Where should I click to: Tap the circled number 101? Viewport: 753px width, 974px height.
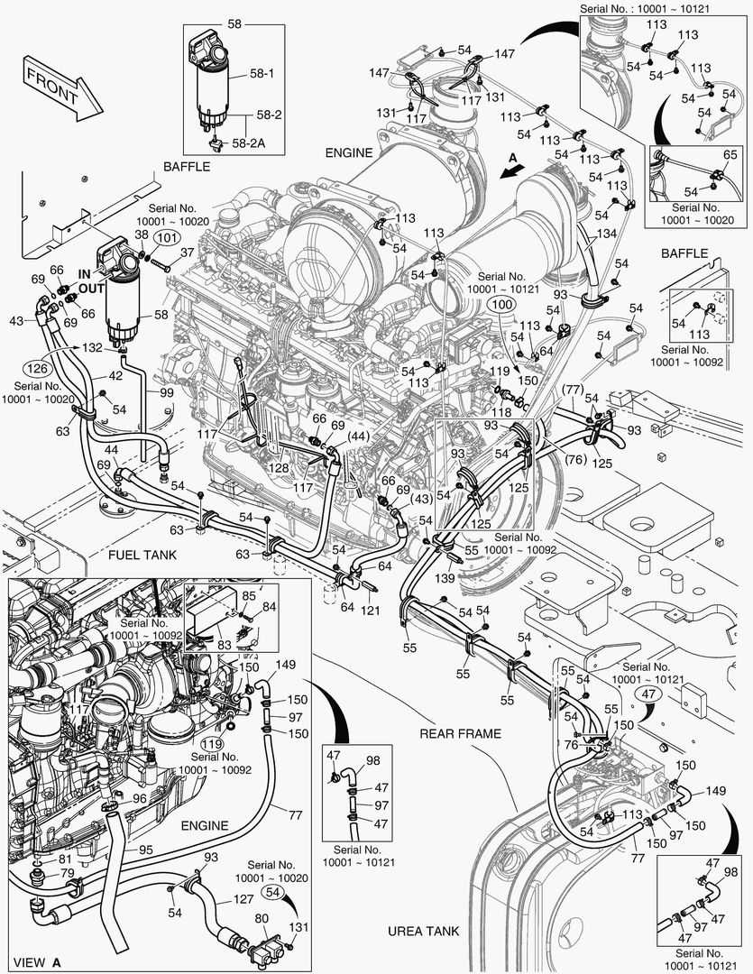point(164,238)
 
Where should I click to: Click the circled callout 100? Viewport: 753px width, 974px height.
point(501,306)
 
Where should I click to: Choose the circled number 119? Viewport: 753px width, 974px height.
point(211,744)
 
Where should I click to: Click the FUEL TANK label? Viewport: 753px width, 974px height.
point(142,555)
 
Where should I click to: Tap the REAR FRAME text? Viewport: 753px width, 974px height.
point(460,733)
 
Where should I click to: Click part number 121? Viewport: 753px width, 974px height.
point(371,612)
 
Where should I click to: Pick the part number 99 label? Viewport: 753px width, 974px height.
point(167,392)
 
